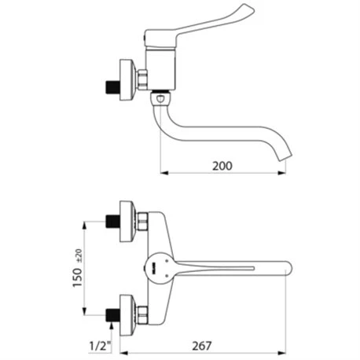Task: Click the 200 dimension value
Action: tap(222, 166)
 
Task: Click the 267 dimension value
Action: tap(202, 346)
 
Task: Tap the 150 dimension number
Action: tap(78, 277)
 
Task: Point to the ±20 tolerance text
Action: tap(79, 255)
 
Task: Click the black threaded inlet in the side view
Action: tap(112, 87)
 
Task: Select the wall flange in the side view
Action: tap(127, 80)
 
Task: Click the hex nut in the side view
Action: tap(142, 79)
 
